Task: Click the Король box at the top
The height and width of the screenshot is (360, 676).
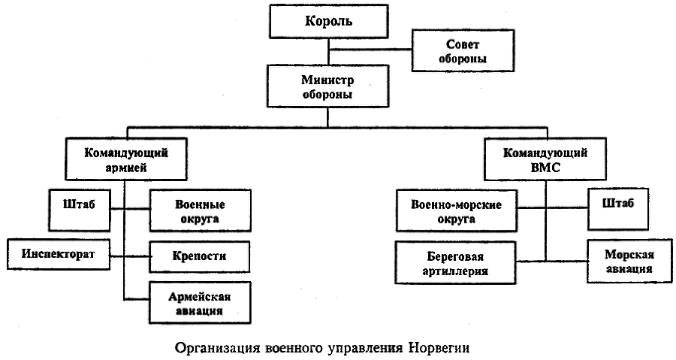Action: tap(328, 21)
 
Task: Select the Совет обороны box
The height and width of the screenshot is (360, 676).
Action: tap(451, 50)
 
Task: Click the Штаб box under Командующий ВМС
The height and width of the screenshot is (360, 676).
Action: tap(617, 204)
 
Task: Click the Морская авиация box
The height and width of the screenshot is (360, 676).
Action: tap(620, 261)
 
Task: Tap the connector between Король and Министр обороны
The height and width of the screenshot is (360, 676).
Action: tap(328, 51)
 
